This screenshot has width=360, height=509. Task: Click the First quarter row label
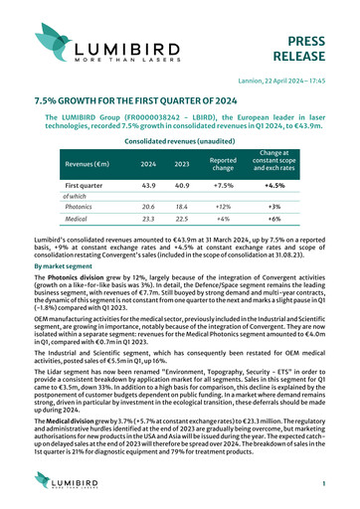90,186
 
